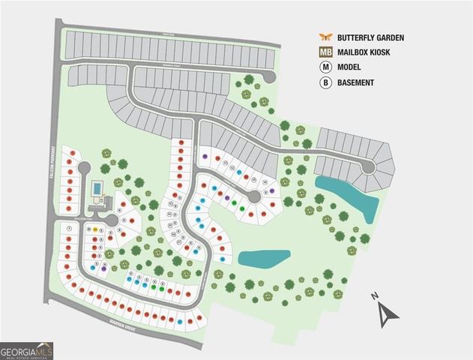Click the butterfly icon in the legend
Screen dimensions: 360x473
pos(326,36)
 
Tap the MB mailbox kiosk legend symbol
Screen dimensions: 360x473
pos(326,52)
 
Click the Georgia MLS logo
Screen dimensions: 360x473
pos(27,350)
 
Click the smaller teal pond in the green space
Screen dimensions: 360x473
pos(263,259)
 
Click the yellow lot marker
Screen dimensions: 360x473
pos(98,229)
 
